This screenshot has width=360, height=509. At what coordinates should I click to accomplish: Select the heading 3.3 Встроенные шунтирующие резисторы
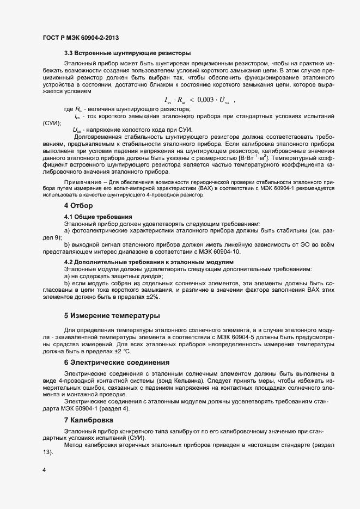point(127,53)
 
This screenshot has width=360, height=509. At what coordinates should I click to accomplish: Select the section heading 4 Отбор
point(79,205)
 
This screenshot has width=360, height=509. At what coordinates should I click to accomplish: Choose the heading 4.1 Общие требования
point(100,217)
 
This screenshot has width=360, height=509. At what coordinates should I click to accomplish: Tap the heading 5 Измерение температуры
point(120,316)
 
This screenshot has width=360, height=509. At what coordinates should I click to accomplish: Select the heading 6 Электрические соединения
point(117,362)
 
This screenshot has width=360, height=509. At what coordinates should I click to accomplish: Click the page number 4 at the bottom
point(44,470)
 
